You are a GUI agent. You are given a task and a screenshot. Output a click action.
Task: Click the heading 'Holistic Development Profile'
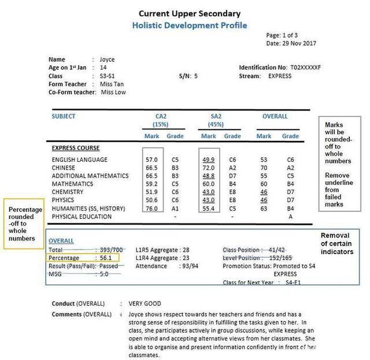[x=181, y=25]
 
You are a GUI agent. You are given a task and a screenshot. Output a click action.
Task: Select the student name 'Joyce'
[x=107, y=60]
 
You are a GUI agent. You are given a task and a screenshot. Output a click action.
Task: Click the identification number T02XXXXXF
[x=305, y=68]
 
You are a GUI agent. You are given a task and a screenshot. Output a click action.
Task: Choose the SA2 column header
[x=217, y=116]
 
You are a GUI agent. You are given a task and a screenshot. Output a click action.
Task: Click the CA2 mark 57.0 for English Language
[x=152, y=160]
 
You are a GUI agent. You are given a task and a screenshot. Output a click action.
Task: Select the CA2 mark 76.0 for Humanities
[x=152, y=209]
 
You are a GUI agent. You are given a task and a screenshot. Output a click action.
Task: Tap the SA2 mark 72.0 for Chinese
[x=208, y=168]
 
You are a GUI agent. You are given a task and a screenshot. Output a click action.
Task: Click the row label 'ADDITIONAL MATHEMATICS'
[x=90, y=176]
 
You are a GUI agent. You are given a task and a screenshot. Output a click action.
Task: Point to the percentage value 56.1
[x=106, y=258]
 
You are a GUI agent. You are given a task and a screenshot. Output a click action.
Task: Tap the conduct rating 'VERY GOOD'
[x=145, y=303]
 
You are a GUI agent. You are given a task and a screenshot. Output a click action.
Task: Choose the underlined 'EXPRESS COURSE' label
[x=76, y=148]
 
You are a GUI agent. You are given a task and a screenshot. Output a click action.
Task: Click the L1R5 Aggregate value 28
[x=185, y=249]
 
